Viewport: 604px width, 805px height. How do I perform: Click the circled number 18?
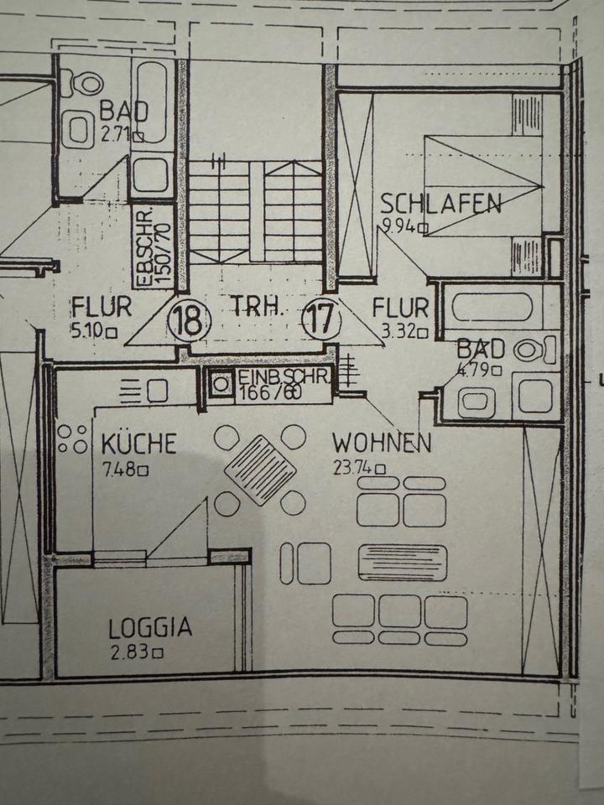click(x=190, y=320)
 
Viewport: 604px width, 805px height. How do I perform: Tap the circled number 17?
click(x=321, y=320)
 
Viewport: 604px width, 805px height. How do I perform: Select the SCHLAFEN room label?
click(x=441, y=204)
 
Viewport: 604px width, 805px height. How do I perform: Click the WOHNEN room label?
click(x=382, y=443)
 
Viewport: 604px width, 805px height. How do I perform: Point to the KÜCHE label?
click(x=138, y=443)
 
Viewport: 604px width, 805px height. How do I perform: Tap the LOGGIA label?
click(x=150, y=627)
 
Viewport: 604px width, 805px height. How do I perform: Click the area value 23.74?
click(x=353, y=470)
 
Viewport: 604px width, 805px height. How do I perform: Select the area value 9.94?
click(x=399, y=226)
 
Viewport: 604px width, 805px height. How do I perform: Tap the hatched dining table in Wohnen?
click(x=259, y=470)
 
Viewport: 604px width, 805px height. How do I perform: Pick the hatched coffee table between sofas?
click(x=402, y=562)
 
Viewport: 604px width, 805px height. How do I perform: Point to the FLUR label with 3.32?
click(x=400, y=308)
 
